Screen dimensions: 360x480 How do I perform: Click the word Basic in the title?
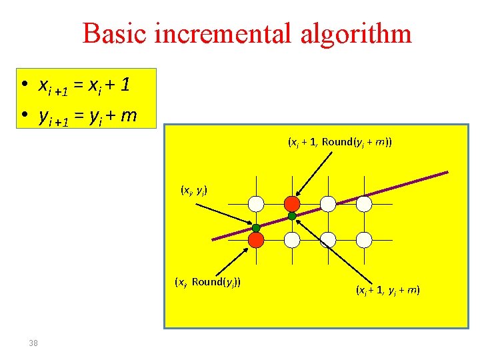[x=115, y=33]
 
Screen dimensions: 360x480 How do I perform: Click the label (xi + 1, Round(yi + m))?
[x=339, y=142]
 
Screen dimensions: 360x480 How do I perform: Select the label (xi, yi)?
[x=194, y=191]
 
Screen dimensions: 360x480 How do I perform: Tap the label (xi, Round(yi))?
[x=207, y=281]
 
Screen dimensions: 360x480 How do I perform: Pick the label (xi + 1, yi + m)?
[x=387, y=290]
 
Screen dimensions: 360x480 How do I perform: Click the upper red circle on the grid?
[x=292, y=203]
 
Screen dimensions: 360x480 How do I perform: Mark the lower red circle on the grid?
[x=256, y=239]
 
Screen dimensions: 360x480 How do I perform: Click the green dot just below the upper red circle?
[x=292, y=216]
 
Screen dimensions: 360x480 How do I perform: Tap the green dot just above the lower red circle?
[x=256, y=228]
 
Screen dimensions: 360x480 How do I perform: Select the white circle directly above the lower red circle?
[x=256, y=203]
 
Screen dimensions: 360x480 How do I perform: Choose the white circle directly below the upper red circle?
[x=292, y=239]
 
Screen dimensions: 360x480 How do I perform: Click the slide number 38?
[x=33, y=343]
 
